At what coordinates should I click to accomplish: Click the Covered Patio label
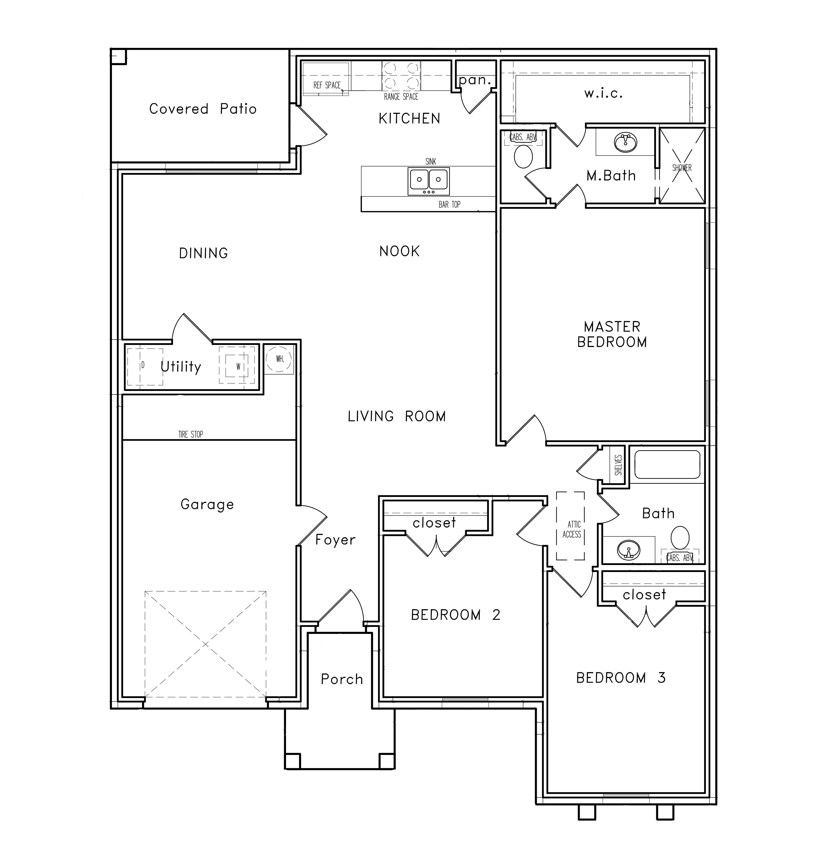tap(203, 109)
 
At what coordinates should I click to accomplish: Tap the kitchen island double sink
tap(429, 181)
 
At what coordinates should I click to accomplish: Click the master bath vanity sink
tap(625, 142)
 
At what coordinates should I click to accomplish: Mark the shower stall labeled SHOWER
tap(682, 166)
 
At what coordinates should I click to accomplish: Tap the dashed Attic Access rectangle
tap(570, 526)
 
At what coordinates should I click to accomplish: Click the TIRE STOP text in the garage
tap(191, 434)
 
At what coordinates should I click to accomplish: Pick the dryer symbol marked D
tap(145, 366)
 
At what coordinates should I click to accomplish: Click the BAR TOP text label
tap(449, 204)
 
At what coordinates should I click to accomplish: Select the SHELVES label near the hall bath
tap(618, 465)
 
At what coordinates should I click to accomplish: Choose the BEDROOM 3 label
tap(621, 677)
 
